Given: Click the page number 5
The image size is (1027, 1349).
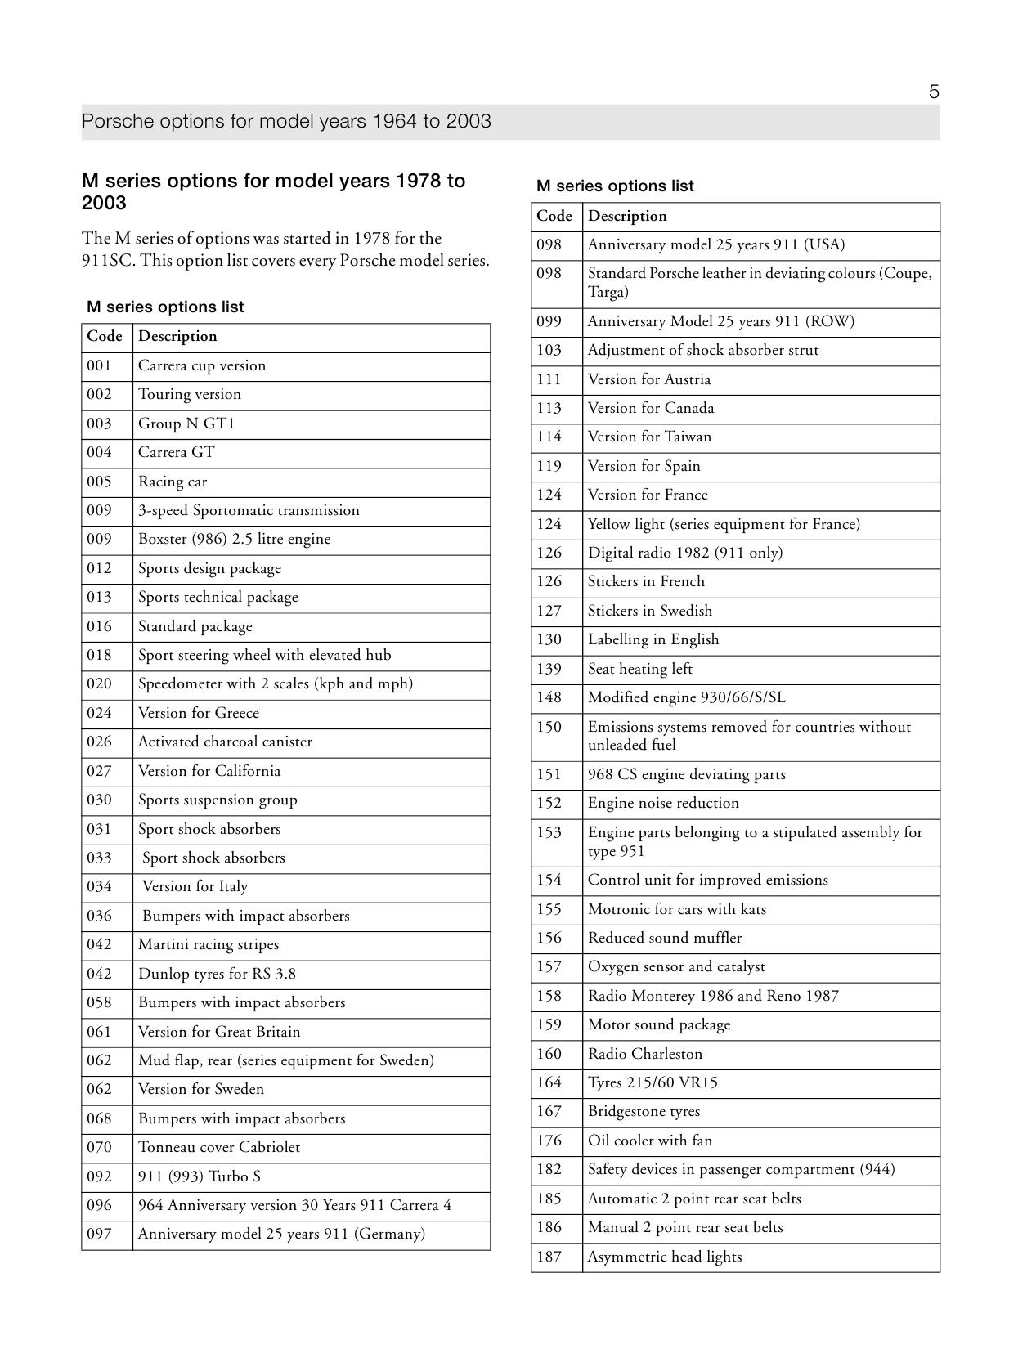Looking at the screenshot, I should pos(934,92).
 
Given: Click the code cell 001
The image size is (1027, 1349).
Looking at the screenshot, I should pos(99,365).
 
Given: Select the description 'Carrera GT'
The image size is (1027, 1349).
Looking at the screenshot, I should pos(176,452).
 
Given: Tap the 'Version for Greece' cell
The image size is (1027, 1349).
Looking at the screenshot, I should pos(198,713).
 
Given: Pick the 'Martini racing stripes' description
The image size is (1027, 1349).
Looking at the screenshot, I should pos(208,944).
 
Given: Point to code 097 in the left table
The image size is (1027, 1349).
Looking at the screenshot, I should pos(99,1234).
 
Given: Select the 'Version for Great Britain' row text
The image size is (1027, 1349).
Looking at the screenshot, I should pos(218,1032).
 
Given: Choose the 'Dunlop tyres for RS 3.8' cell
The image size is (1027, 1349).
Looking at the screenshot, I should pos(217,974).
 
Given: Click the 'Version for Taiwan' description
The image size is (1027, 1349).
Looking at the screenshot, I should pos(649,437).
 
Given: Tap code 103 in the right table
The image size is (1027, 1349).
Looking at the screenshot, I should pos(549,350).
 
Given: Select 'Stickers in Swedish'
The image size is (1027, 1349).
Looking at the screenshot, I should pos(649,611).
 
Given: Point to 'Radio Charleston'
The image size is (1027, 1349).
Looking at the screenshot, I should pos(644,1054).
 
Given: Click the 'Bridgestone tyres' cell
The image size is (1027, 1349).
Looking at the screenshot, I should pos(644,1111).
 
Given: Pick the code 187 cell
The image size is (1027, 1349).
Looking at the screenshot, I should pos(549,1257).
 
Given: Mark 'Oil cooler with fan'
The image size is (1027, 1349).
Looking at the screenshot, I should pos(649,1141).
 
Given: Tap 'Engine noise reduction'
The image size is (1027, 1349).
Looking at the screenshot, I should pos(663,803).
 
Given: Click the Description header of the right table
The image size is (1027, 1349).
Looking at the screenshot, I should pos(627,216).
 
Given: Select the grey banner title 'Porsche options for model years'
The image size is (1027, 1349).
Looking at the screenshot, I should pos(286,122).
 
